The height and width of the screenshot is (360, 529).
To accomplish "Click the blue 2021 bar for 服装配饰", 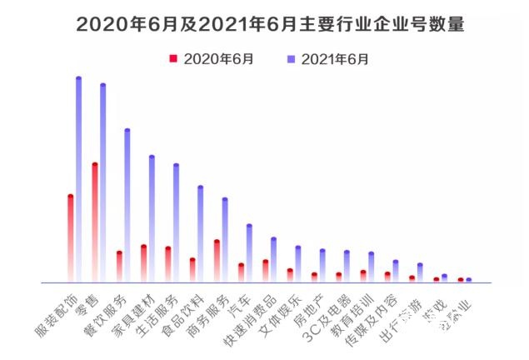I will click(x=79, y=179).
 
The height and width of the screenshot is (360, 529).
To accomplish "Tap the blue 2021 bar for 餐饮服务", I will click(x=127, y=205).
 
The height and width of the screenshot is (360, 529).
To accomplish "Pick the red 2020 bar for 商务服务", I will click(x=217, y=261).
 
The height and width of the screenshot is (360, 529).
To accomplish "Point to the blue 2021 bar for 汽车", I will click(x=249, y=253).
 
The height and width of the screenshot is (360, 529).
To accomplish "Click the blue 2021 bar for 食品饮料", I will click(x=201, y=233).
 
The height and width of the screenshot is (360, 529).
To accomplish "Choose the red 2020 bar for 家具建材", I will click(x=143, y=263).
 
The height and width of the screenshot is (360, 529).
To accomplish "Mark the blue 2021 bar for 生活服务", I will click(x=176, y=222).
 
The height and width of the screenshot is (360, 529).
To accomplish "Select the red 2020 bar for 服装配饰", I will click(x=71, y=238).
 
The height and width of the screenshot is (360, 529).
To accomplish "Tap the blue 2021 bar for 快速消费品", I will click(x=273, y=260).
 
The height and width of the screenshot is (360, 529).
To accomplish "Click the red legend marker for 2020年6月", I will click(x=173, y=59).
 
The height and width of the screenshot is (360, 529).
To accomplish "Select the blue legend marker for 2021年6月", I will click(x=291, y=59).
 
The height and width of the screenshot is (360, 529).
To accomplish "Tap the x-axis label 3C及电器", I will click(x=326, y=312).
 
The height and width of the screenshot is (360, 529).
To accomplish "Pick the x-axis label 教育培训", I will click(x=349, y=312).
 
